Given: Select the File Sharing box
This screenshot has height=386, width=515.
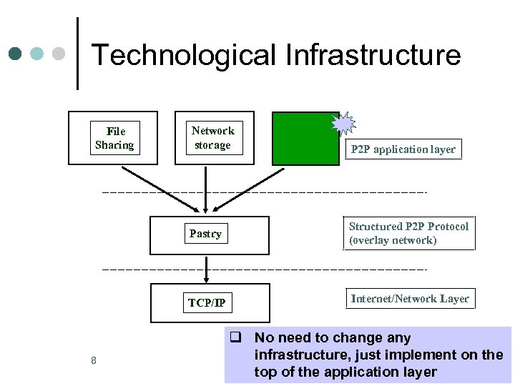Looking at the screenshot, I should [113, 138].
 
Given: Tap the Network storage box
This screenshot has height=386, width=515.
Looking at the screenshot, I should [212, 137].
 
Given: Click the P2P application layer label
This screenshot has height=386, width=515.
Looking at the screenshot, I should [403, 149].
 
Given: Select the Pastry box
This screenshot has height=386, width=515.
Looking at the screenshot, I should [208, 234].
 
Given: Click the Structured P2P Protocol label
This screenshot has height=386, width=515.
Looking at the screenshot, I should [408, 226].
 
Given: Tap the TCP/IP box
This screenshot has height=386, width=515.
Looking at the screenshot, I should [209, 303].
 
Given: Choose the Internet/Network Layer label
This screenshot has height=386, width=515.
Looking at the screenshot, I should [410, 299].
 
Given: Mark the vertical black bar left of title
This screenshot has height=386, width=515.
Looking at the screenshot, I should [77, 54].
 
